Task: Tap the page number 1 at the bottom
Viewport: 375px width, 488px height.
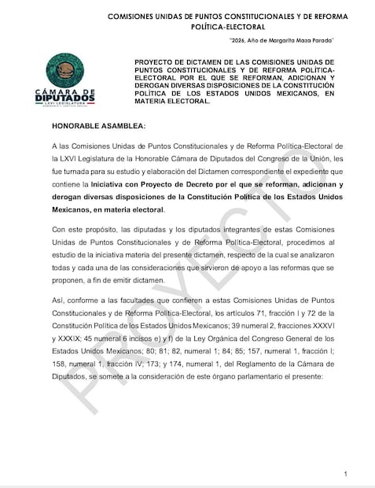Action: click(x=346, y=473)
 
